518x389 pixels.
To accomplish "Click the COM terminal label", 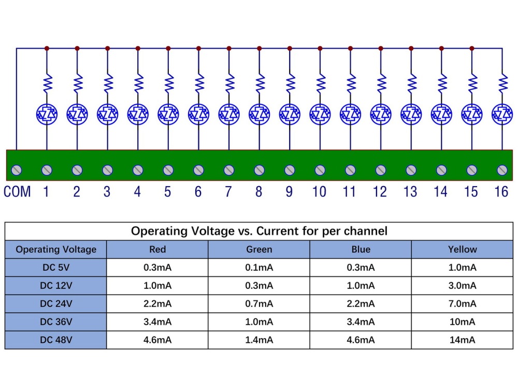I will point(17,191).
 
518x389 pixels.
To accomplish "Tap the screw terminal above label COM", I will point(17,170).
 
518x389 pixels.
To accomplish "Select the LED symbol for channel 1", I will point(47,113).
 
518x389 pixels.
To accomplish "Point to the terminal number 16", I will point(501,191).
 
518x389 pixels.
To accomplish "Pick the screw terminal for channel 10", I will point(320,170).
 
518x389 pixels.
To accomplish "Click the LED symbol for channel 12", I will point(381,113).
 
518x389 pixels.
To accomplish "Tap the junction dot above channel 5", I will point(168,48).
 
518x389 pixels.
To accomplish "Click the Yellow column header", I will point(462,249).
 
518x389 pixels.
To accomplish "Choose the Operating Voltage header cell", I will point(56,249).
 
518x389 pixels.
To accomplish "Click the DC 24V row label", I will point(56,303).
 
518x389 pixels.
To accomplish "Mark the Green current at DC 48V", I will point(259,340).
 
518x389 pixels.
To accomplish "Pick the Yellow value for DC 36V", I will point(462,322).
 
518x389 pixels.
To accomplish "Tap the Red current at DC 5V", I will point(157,268).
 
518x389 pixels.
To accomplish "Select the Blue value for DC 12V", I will point(361,286).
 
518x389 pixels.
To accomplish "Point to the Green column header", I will point(259,249).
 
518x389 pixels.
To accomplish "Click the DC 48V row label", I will point(56,340).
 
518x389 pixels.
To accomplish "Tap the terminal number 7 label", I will point(228,191).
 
